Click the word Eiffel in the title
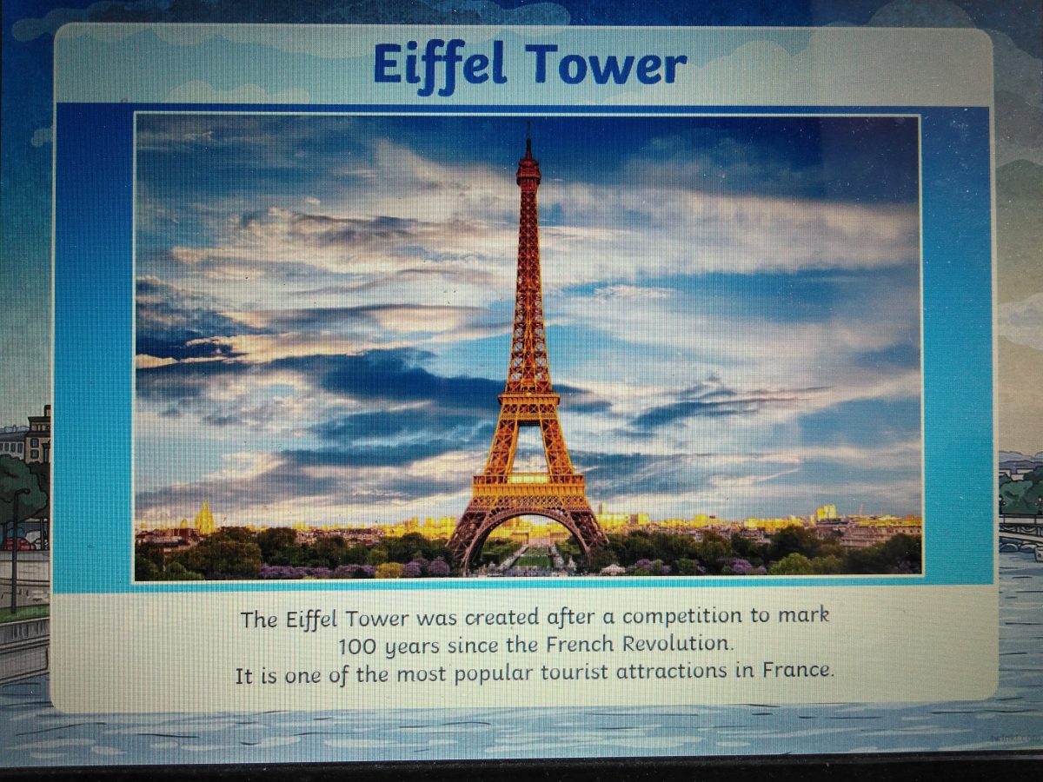(439, 67)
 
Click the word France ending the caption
(798, 670)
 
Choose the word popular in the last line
(493, 674)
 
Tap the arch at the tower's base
(528, 520)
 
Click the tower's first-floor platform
(528, 482)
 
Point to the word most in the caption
(421, 674)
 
